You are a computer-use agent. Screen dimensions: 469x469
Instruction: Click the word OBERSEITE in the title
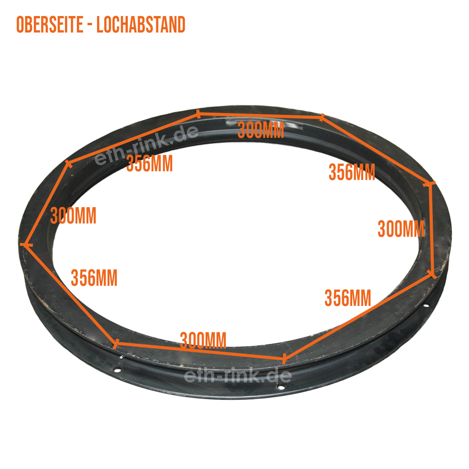[50, 25]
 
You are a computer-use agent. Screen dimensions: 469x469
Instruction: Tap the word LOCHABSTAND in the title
[141, 25]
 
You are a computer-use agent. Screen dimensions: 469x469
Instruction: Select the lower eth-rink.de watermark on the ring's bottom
[238, 376]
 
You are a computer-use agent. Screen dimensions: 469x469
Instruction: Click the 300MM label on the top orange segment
[261, 131]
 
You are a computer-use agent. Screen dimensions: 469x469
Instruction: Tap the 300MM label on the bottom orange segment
[203, 340]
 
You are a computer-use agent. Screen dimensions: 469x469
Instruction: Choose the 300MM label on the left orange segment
[73, 216]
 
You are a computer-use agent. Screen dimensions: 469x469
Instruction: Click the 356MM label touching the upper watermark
[149, 164]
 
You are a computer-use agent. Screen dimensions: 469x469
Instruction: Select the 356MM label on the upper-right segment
[352, 173]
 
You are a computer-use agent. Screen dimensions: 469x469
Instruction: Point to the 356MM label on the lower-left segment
[94, 278]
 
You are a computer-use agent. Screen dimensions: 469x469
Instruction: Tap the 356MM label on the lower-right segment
[348, 298]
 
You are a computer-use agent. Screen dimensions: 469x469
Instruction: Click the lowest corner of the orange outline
[284, 358]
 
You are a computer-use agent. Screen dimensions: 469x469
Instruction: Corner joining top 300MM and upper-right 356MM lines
[322, 117]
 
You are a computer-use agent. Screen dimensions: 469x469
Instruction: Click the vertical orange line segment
[431, 229]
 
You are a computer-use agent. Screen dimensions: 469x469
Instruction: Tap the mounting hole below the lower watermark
[280, 388]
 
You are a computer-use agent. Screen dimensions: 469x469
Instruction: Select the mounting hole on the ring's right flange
[426, 305]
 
